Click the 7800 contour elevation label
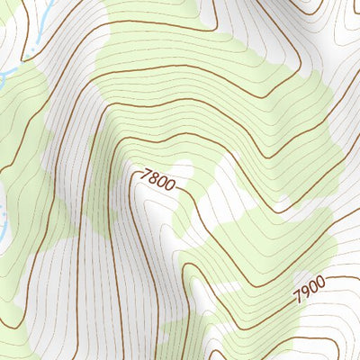[158, 179]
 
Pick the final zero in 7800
[171, 186]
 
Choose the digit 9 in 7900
[304, 292]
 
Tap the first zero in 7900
[312, 287]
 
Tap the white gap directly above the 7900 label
[297, 261]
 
